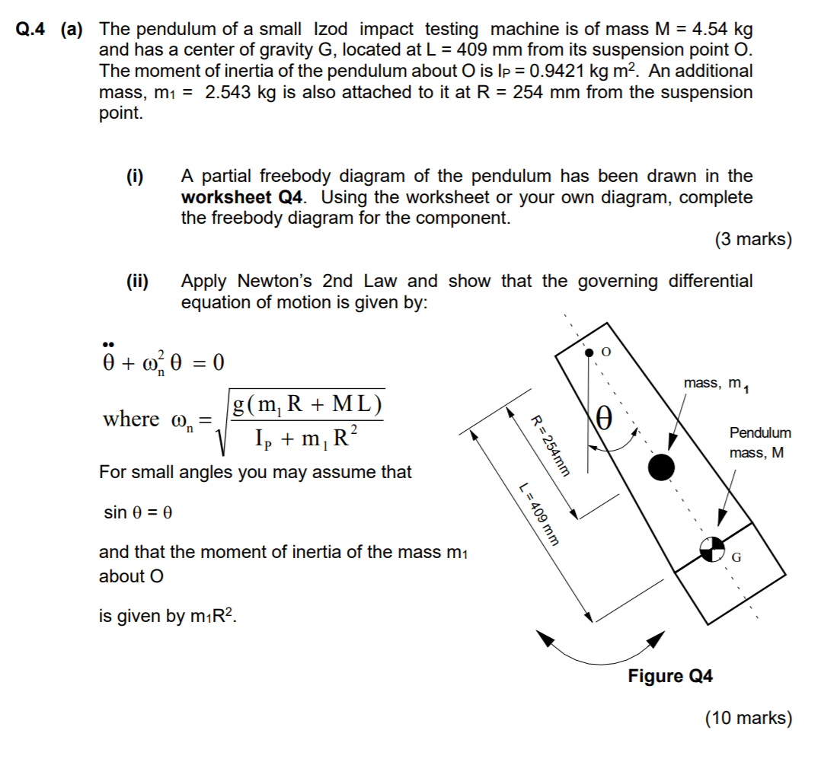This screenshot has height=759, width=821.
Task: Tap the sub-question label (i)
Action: pyautogui.click(x=138, y=177)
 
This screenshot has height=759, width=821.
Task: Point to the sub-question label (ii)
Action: pyautogui.click(x=138, y=282)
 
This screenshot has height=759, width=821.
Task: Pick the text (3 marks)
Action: pyautogui.click(x=752, y=240)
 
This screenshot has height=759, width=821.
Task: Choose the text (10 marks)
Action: pyautogui.click(x=748, y=717)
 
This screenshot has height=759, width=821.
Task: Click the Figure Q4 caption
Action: pyautogui.click(x=670, y=676)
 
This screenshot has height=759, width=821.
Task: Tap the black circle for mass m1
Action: pyautogui.click(x=661, y=467)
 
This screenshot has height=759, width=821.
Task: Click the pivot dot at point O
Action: pyautogui.click(x=589, y=352)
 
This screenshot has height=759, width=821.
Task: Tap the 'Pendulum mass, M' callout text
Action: pyautogui.click(x=759, y=442)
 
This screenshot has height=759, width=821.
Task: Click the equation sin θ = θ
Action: pyautogui.click(x=137, y=512)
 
